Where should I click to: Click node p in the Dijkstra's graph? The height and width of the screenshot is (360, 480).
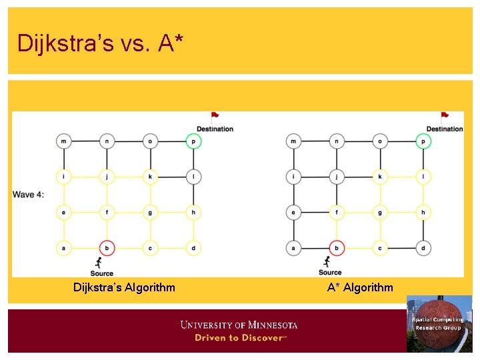coord(193,141)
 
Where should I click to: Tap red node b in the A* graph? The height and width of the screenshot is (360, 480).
coord(337,248)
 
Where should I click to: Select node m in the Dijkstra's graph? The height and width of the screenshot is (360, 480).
coord(65,141)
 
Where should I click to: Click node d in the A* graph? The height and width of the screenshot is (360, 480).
coord(423,248)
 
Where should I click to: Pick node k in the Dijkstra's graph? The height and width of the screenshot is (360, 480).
coord(151,177)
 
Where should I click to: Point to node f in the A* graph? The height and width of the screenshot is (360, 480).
coord(337,213)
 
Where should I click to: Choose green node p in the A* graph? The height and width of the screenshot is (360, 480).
coord(423,141)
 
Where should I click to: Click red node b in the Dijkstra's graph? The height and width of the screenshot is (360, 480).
coord(107,248)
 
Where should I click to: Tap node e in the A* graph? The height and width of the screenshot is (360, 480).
coord(293,213)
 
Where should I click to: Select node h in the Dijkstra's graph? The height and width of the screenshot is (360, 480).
coord(193,213)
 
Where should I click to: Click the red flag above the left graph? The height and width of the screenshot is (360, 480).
coord(215,117)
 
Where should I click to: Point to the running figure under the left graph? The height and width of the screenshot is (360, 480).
coord(99,263)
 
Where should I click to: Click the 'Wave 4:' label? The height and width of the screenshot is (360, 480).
coord(28,195)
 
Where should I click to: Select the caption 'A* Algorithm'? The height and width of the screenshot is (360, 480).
coord(360,287)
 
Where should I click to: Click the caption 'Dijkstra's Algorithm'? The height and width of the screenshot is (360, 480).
coord(124,287)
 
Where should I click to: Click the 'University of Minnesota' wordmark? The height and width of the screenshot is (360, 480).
coord(239,325)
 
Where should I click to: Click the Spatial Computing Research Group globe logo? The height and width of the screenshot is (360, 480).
coord(438,323)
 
